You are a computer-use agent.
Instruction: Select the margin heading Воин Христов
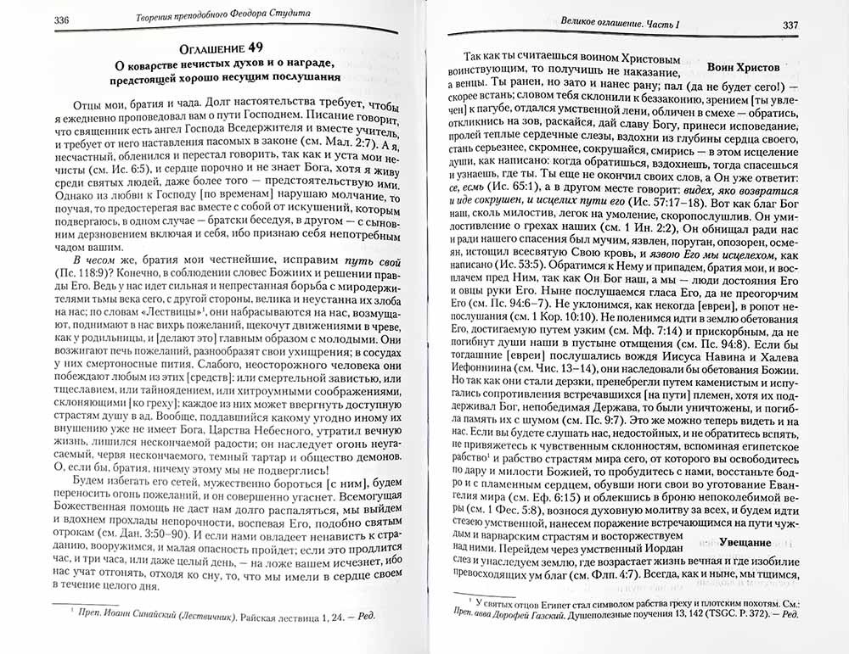[x=742, y=65]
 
